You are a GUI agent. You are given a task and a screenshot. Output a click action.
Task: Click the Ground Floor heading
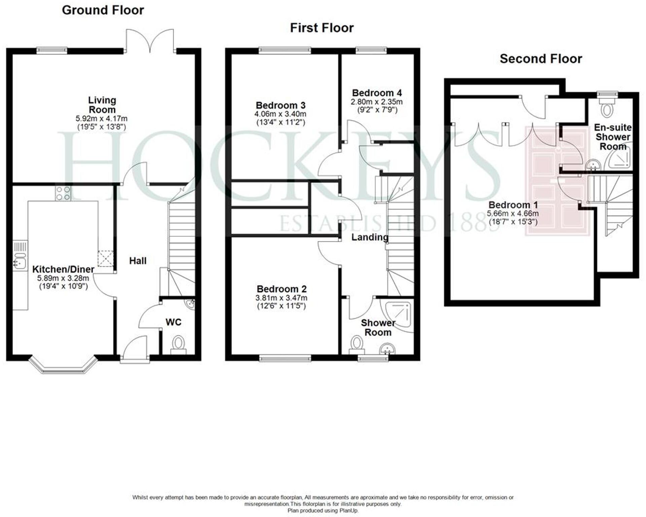(x=103, y=10)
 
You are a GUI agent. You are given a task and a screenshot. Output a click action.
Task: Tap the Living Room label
(x=102, y=105)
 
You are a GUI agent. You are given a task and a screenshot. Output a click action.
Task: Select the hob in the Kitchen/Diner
(x=63, y=193)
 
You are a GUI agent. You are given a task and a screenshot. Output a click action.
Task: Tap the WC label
(x=173, y=322)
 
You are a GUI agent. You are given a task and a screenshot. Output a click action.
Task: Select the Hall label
(x=138, y=261)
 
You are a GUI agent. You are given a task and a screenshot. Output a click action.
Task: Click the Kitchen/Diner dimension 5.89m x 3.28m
(x=63, y=278)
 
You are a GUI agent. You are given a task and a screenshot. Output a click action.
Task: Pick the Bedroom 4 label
(x=377, y=93)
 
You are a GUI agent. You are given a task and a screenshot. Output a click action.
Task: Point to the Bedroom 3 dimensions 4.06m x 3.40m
(x=280, y=114)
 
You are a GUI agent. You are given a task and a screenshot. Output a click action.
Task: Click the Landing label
(x=370, y=237)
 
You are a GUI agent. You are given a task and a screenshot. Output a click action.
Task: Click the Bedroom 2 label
(x=281, y=289)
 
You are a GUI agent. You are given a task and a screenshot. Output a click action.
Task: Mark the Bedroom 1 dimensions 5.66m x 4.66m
(x=512, y=214)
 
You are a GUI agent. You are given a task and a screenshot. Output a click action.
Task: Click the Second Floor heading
(x=541, y=59)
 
